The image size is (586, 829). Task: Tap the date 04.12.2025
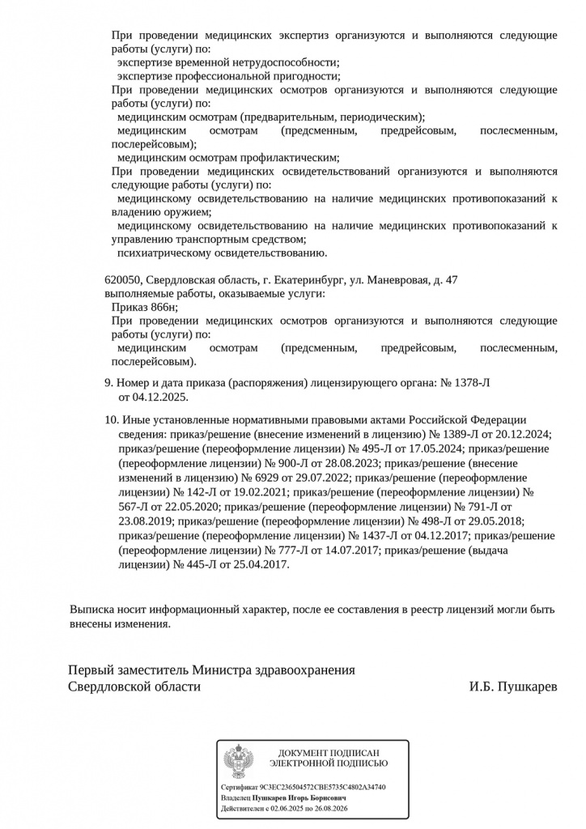click(x=159, y=397)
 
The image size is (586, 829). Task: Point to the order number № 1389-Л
click(x=462, y=434)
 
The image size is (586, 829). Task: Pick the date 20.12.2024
click(x=524, y=434)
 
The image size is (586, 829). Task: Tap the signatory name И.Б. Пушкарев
click(x=513, y=687)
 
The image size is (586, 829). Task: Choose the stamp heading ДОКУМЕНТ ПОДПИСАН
click(x=329, y=753)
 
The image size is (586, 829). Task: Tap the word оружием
click(x=175, y=212)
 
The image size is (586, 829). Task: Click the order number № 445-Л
click(x=197, y=564)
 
